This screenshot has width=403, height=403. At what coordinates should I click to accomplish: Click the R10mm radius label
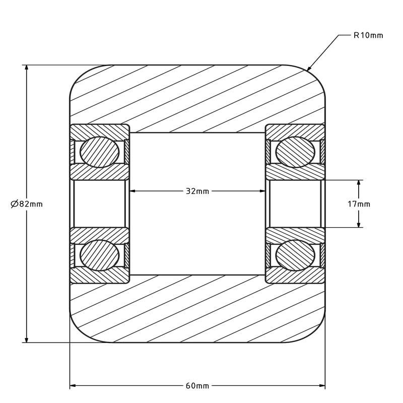point(368,35)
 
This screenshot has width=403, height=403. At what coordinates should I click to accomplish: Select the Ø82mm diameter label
point(27,204)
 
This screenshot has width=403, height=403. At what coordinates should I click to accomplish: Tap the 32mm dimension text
point(197,191)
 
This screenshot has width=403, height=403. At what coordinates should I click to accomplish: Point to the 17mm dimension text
point(359,204)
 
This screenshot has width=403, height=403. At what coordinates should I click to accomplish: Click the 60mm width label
point(197,386)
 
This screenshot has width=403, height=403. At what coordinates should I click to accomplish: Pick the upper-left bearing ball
point(99,152)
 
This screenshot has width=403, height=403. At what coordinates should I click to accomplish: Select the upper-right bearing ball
point(295,152)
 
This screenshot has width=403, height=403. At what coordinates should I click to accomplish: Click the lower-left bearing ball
point(99,255)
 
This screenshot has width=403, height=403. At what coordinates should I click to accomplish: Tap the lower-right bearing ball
point(295,255)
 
